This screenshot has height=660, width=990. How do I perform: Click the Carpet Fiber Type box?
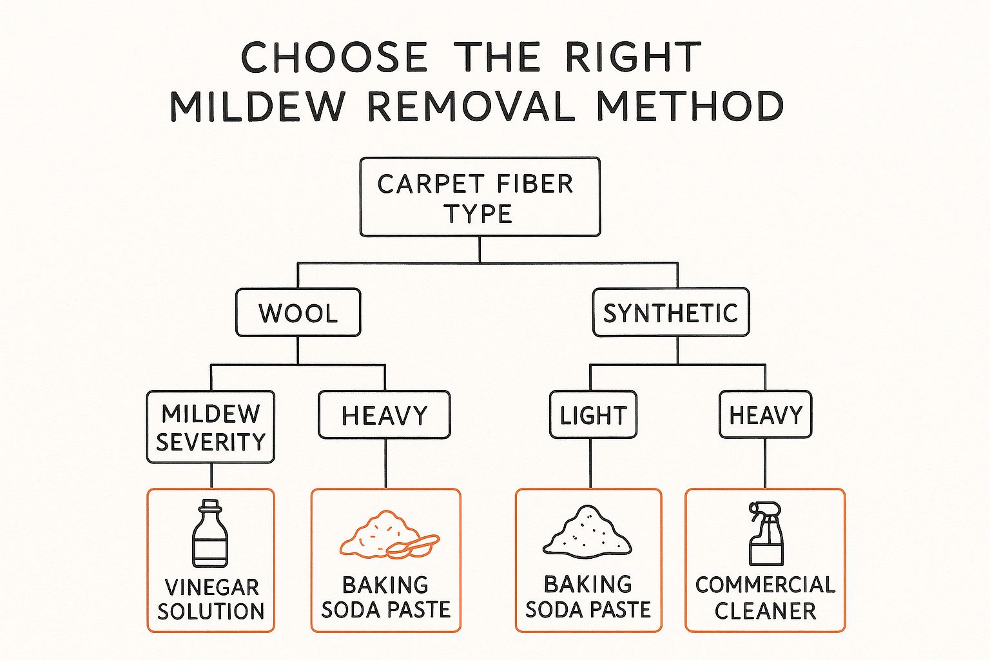480,197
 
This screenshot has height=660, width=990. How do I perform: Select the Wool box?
298,313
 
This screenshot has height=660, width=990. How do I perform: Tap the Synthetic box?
670,313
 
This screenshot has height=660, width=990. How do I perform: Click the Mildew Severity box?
210,427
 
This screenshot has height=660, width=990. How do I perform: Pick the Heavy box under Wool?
384,415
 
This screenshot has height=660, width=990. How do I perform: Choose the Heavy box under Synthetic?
765,415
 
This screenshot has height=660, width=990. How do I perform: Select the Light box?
593,415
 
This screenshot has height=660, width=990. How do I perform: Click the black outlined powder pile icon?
587,532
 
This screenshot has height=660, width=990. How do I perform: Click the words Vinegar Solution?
211,599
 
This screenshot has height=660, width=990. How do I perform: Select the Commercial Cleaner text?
765,597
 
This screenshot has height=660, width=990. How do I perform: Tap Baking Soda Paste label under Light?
588,596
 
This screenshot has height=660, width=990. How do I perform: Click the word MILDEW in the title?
257,106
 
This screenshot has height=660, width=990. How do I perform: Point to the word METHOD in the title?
690,106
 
